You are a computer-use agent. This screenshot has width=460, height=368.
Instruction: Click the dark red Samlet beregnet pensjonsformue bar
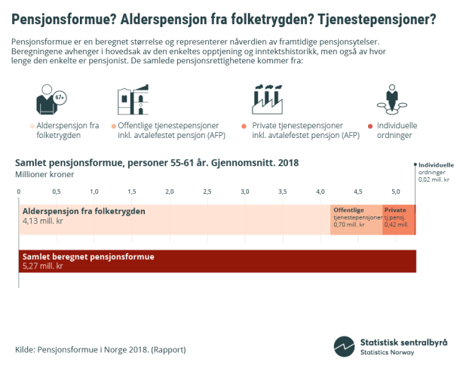click(217, 261)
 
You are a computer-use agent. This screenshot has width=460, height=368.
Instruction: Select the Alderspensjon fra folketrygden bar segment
click(173, 219)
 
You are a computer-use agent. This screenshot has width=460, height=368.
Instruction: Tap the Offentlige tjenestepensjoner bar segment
click(356, 219)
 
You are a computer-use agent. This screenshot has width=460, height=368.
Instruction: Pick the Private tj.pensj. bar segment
click(397, 219)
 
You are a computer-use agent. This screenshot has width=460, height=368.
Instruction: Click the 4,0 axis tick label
click(320, 192)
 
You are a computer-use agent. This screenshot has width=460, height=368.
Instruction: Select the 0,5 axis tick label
click(57, 192)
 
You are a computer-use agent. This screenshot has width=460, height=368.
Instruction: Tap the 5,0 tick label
click(396, 192)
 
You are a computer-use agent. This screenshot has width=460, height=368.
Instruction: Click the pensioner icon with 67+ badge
click(51, 99)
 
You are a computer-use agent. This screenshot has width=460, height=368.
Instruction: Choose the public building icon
click(134, 99)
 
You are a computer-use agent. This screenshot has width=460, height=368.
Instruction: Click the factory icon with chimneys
click(266, 99)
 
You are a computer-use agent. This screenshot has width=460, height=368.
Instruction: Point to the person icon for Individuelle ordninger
click(391, 99)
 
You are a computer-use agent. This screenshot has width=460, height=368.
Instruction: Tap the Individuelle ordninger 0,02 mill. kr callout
click(435, 172)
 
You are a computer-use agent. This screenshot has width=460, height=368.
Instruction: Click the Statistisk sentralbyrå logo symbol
click(344, 345)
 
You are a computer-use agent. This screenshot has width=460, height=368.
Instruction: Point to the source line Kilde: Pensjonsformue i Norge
click(100, 350)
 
